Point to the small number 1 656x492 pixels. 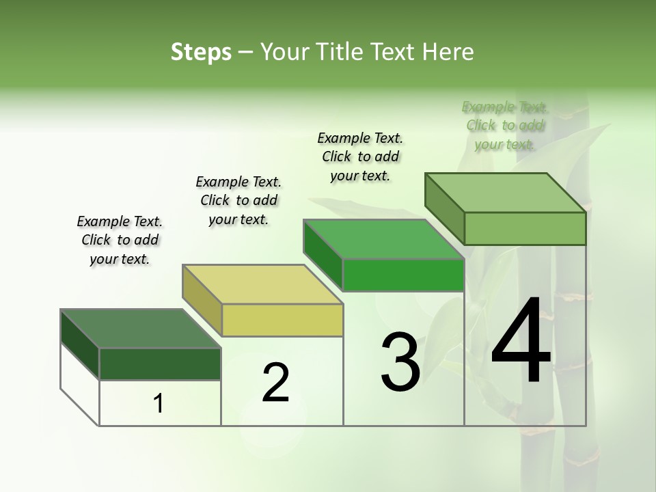tap(159, 404)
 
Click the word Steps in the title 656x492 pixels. tap(201, 52)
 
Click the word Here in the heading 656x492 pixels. tap(448, 52)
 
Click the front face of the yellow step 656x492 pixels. tap(282, 320)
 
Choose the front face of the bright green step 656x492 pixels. tap(403, 275)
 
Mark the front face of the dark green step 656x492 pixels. tap(160, 364)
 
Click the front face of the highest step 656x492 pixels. tap(525, 228)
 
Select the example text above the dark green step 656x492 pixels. tap(120, 240)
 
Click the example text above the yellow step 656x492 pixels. tap(238, 200)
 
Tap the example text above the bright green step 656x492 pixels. tap(360, 156)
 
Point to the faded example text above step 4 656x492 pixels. tap(505, 125)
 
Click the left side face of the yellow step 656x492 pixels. tap(202, 300)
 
